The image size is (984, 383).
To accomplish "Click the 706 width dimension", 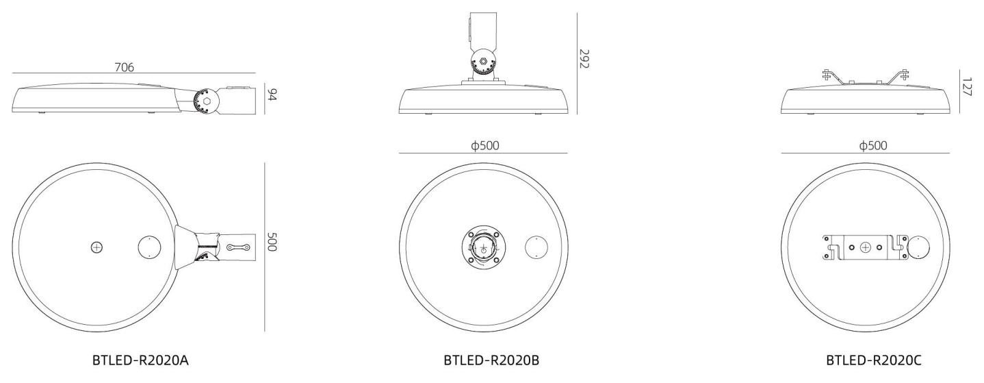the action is coord(125,67).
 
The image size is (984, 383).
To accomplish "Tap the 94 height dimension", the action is coord(272,95).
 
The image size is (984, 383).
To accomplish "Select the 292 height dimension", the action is coord(584,58).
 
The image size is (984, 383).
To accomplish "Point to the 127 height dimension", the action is coord(966,86).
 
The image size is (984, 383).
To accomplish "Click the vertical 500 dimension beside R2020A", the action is coord(272,243).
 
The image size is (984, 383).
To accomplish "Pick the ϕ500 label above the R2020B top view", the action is coord(485,145).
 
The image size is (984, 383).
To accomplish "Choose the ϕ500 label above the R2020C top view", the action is coord(873,145).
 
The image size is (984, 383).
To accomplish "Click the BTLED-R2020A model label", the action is coord(140,360).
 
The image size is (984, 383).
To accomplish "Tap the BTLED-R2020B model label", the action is coord(491,360).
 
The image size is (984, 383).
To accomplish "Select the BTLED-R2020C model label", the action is coord(874,360).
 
